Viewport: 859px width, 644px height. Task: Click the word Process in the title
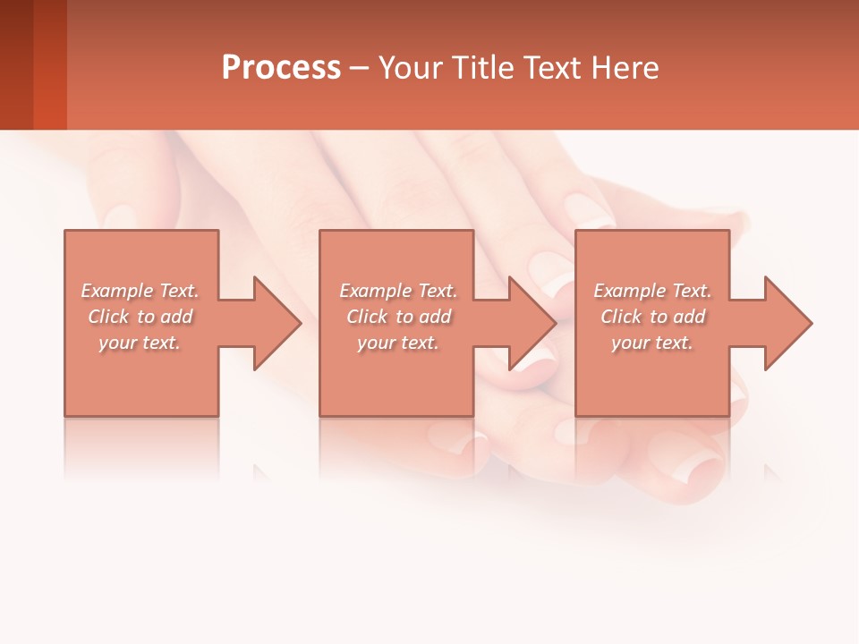[x=281, y=68]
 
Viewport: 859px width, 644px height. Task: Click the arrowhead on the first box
[x=274, y=323]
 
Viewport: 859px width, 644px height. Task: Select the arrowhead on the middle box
[x=530, y=323]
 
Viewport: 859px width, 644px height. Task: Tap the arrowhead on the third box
[x=785, y=323]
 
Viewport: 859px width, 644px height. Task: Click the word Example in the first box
[x=116, y=291]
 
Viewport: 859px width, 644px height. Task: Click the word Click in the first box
[x=108, y=317]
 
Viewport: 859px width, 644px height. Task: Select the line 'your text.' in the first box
[x=140, y=343]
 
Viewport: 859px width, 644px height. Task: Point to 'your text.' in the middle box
[x=398, y=343]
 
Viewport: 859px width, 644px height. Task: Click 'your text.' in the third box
[x=652, y=343]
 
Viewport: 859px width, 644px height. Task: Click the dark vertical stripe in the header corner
[x=49, y=64]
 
